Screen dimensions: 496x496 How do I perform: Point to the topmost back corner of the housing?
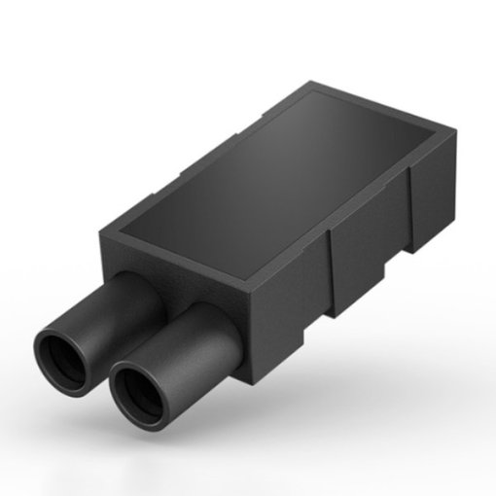point(312,84)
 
